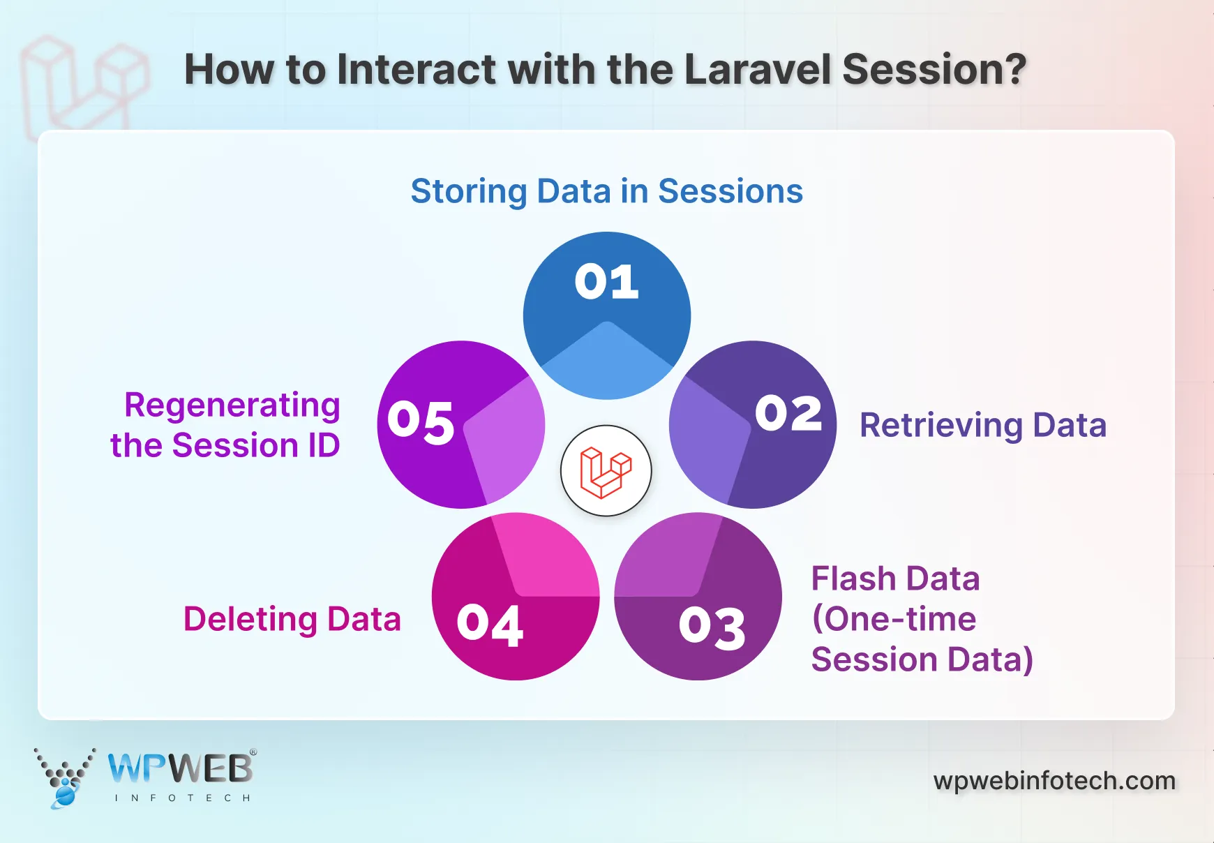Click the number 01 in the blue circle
[606, 283]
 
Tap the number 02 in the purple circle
[788, 413]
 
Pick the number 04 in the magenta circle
[490, 625]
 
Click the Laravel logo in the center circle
[606, 471]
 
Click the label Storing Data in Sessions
[606, 191]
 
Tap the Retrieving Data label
[982, 425]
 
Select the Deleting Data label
[292, 619]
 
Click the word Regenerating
[232, 405]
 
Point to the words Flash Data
[895, 579]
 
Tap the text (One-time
[894, 619]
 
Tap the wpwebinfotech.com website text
[1054, 780]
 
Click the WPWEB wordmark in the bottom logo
[181, 769]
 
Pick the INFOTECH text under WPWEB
[182, 798]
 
